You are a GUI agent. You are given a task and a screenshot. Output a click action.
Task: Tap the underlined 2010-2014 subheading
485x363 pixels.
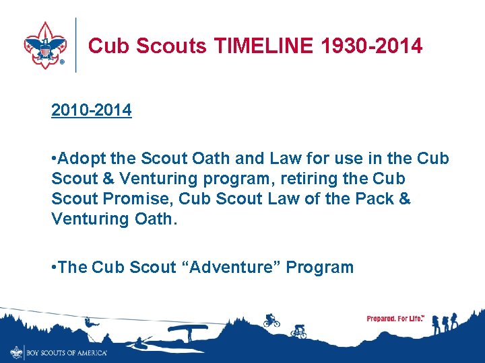tap(92, 110)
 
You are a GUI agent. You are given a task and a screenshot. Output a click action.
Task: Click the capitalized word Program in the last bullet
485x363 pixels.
tap(320, 268)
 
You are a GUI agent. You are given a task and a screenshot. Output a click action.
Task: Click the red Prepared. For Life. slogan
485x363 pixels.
tap(395, 319)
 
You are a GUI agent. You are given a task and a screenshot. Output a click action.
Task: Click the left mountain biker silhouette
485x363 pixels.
tap(271, 320)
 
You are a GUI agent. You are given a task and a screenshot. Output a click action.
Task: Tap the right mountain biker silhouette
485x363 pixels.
tap(298, 331)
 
